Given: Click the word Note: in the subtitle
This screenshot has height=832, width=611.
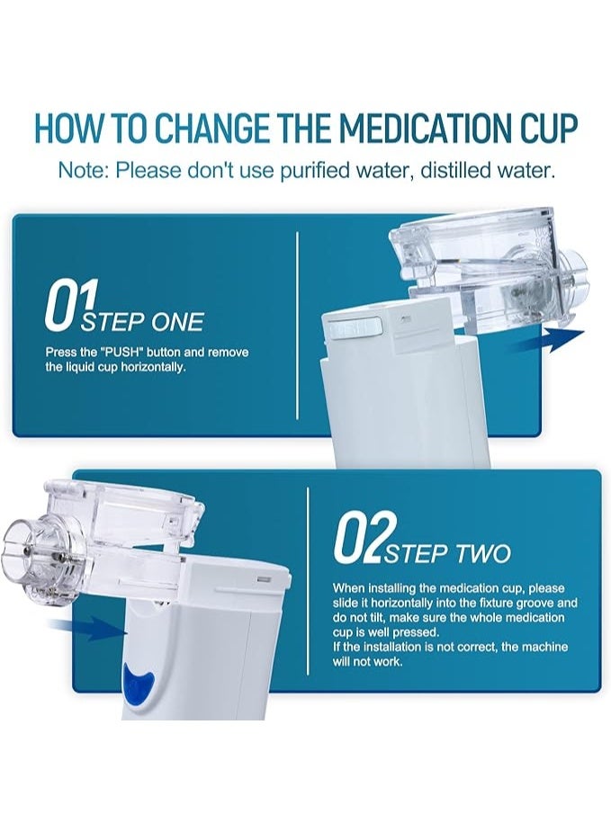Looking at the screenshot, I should coord(83,169).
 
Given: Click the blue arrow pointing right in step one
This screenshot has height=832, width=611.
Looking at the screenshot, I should coord(552,340).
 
